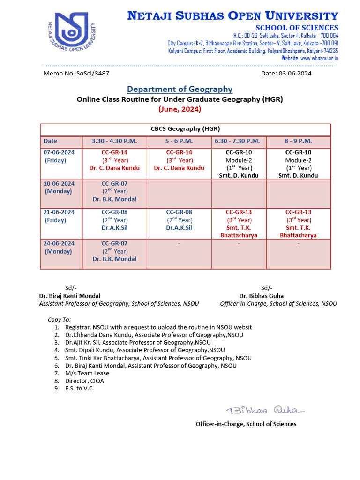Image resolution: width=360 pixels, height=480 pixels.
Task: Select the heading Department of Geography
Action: pos(180,89)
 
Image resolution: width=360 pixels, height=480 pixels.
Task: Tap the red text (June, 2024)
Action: pos(180,109)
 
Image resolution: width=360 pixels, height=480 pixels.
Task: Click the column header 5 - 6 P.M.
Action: pos(179,141)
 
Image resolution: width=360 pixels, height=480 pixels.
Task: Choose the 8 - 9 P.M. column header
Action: pos(298,141)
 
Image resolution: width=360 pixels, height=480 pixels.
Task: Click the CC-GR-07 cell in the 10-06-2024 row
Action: pos(114,191)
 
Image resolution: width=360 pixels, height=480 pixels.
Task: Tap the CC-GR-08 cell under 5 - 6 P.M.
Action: pos(179,220)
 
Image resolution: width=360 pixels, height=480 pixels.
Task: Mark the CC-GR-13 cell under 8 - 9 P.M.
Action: pos(298,224)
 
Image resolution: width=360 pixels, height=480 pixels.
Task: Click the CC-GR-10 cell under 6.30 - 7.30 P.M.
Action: pos(239,164)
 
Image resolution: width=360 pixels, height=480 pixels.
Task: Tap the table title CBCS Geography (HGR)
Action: pos(185,129)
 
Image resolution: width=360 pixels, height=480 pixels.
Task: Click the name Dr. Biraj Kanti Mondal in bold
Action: pos(70,296)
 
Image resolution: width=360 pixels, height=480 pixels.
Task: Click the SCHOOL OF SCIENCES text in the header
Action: pos(297,28)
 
